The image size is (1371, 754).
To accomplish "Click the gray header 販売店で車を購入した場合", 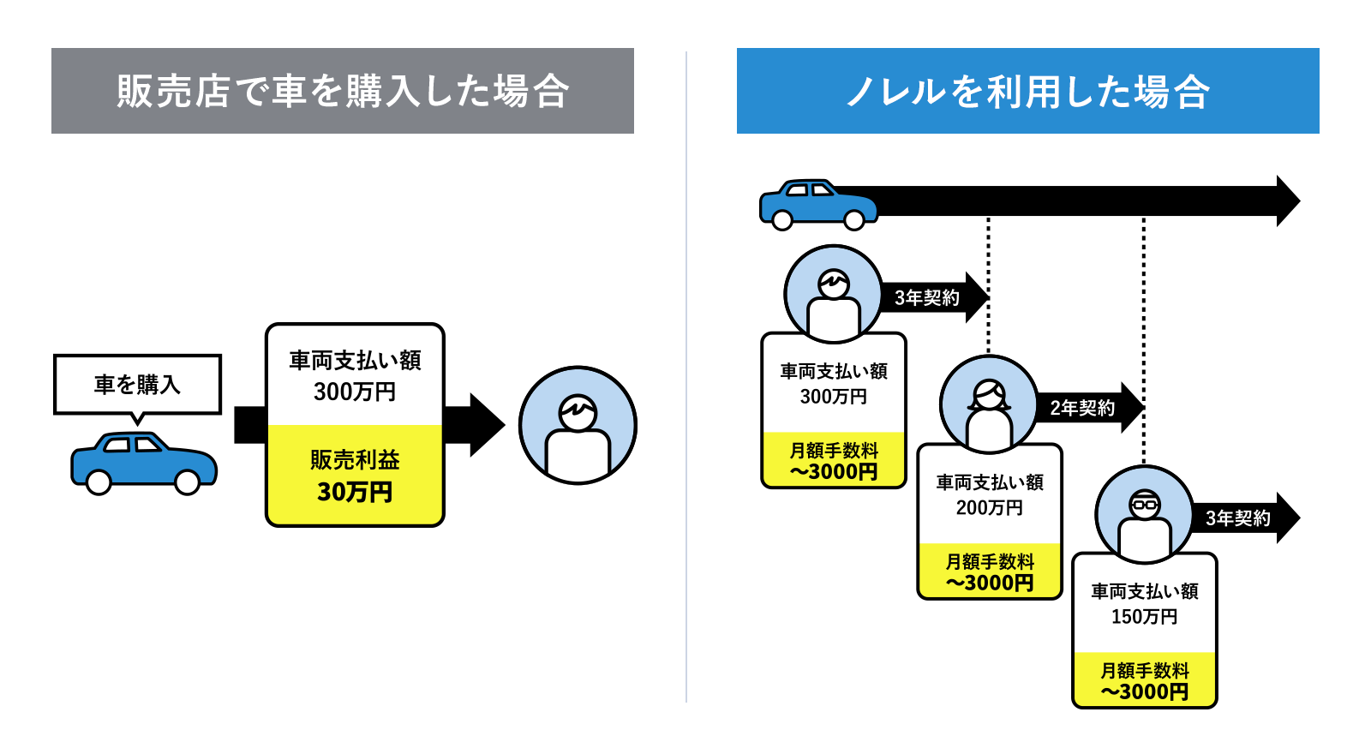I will point(343,91).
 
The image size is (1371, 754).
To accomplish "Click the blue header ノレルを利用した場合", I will point(1027,91).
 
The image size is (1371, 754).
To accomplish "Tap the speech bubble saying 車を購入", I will point(137,385).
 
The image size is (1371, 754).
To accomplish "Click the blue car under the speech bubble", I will point(144,464).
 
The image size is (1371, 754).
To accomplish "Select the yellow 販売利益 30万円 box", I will point(355,476).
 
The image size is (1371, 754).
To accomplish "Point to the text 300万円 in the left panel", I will point(355,392).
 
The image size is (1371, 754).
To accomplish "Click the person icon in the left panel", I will point(578,425).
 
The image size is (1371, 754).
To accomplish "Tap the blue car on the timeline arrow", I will point(817,205).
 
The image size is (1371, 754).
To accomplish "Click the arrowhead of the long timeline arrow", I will point(1287,201).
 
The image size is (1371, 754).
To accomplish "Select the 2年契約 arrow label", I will point(1082,408).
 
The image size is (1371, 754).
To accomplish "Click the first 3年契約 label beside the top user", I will point(927,297).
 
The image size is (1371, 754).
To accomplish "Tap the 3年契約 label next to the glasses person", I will point(1237,518).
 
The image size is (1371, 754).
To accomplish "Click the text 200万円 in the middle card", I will point(990,508).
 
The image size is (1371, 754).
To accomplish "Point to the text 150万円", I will point(1144,617).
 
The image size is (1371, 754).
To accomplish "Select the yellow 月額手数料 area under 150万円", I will point(1145,680).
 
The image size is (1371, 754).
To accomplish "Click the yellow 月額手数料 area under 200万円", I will point(990,571).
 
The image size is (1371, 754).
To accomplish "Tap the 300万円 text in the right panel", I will point(834,397).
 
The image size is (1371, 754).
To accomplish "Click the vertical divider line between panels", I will point(686,377).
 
